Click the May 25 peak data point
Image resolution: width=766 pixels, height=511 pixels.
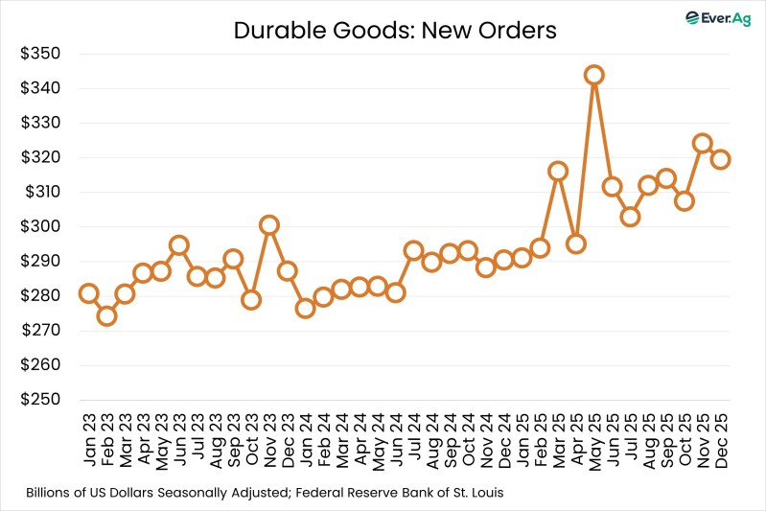[x=594, y=75]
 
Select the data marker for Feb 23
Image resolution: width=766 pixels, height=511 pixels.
[x=106, y=315]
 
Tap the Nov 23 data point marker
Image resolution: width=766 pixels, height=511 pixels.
[x=269, y=225]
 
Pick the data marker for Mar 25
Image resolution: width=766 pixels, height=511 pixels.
[x=558, y=172]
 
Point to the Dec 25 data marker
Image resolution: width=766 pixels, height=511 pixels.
[x=721, y=159]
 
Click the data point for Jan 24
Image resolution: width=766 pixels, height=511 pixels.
[x=305, y=308]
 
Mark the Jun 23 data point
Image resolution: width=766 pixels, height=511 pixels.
[x=179, y=245]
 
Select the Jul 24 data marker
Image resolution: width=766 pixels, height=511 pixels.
[x=413, y=251]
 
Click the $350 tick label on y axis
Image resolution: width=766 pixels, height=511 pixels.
[x=41, y=54]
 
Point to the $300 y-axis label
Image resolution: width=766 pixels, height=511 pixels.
[x=41, y=227]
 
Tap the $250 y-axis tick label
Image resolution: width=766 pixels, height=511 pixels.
[x=41, y=400]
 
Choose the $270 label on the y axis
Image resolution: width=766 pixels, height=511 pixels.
[x=41, y=331]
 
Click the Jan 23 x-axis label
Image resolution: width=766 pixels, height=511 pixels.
[x=89, y=437]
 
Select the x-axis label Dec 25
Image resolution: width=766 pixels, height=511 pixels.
[x=721, y=437]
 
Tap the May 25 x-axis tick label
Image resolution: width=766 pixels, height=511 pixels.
[x=594, y=437]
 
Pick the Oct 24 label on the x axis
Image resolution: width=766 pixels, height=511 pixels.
[x=468, y=437]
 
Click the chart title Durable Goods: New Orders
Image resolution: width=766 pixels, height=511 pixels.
[x=395, y=31]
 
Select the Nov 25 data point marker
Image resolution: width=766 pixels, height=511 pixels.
[x=703, y=144]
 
